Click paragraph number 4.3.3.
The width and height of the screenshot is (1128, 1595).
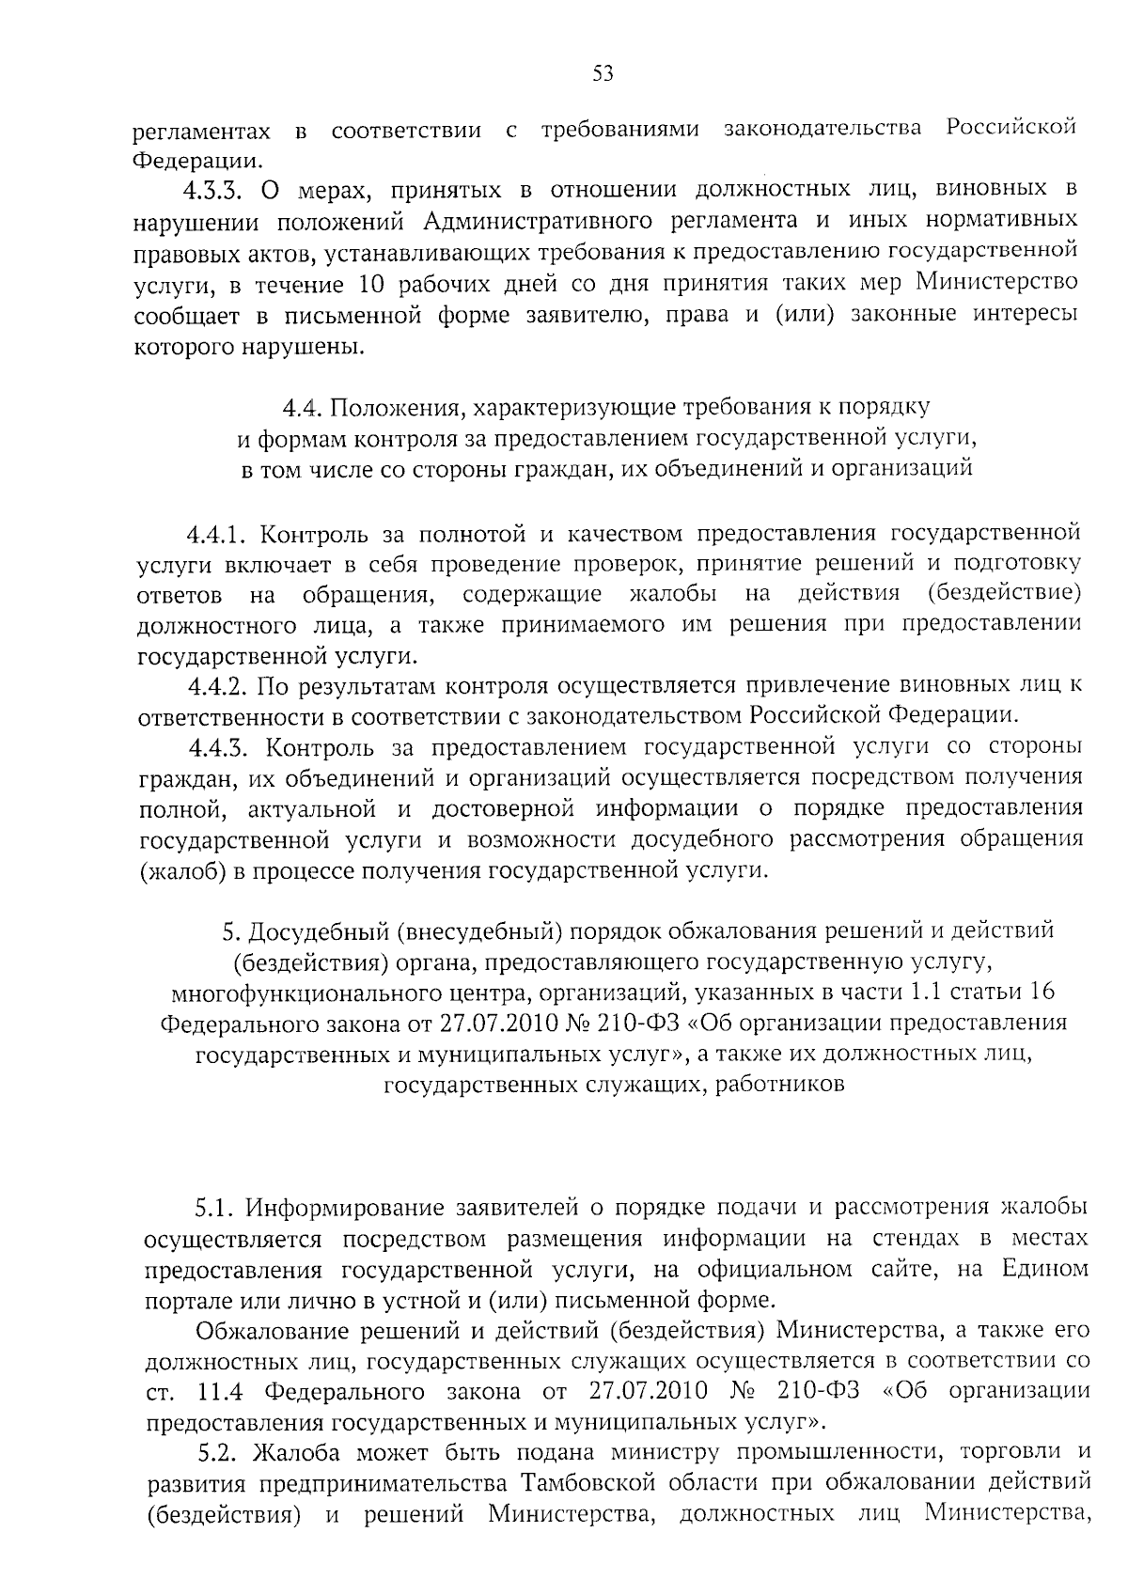(213, 190)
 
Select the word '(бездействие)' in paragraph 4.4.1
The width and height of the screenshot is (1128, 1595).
(1002, 594)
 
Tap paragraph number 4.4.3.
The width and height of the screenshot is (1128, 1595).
(218, 747)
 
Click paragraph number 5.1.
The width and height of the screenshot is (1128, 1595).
(221, 1207)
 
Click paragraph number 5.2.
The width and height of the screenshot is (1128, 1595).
(222, 1453)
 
